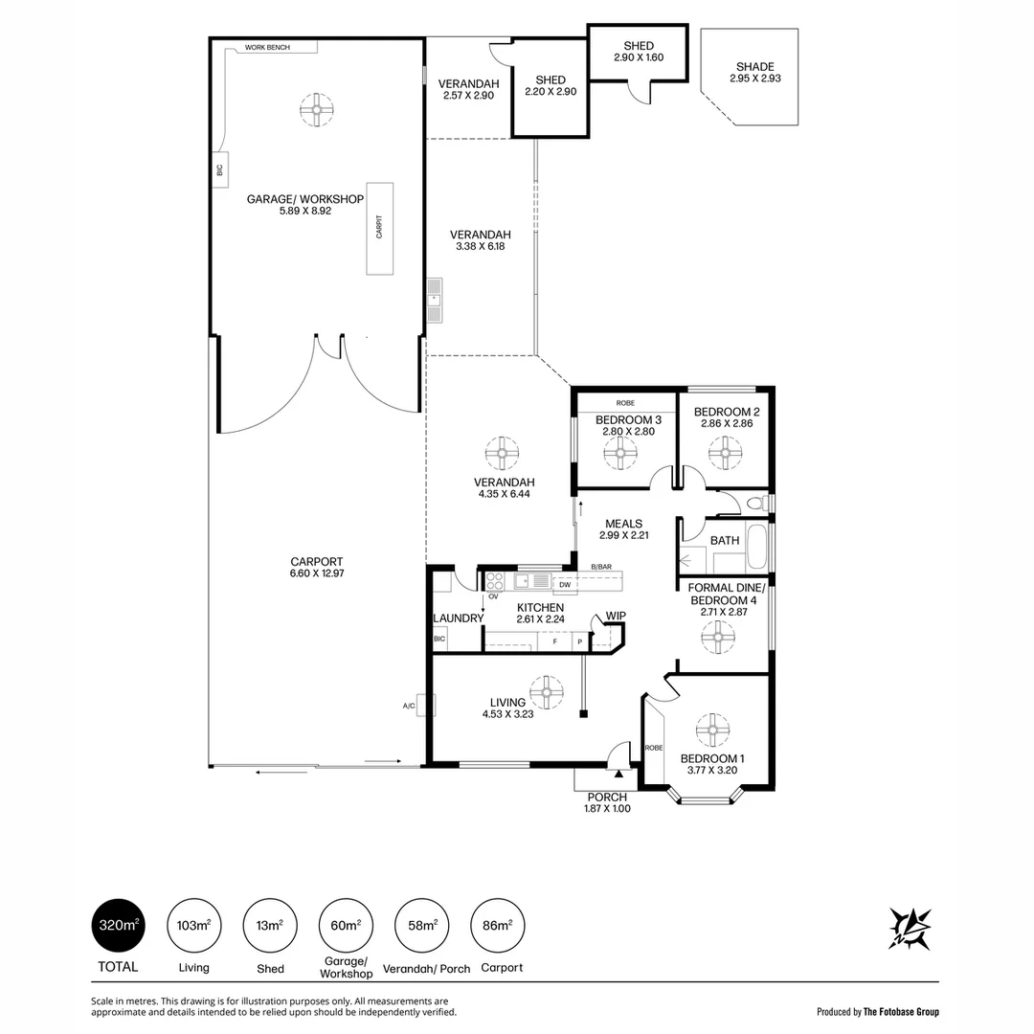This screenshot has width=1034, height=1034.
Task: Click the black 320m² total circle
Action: pos(118,925)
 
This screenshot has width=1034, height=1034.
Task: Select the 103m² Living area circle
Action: pos(193,925)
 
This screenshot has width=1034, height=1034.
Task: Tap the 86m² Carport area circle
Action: pos(497,925)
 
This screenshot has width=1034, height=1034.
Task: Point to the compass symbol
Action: pos(910,928)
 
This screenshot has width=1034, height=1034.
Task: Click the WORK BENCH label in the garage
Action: pos(267,48)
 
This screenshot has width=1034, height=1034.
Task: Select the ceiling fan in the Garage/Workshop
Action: pos(317,109)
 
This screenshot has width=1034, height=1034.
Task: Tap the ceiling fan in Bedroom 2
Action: pos(726,453)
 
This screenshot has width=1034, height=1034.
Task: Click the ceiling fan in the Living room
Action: pos(546,692)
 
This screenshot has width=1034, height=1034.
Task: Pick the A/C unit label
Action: pos(409,706)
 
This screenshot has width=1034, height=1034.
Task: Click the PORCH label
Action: pos(607,798)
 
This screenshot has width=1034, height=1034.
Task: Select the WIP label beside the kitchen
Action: pos(616,616)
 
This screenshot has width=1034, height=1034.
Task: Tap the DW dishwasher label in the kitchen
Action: pos(565,584)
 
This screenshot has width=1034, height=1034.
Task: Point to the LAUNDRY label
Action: pos(459,618)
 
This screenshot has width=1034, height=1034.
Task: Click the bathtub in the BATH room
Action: pos(756,548)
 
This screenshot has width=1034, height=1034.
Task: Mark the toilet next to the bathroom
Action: pos(757,505)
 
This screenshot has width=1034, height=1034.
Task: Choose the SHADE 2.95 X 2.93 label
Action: pos(755,72)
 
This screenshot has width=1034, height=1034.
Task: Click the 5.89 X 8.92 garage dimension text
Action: pos(304,211)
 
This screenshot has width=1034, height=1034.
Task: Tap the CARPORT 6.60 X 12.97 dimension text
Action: pos(317,567)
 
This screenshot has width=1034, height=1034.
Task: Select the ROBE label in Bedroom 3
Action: pos(625,403)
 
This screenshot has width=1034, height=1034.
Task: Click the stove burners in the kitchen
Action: pos(495,581)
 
